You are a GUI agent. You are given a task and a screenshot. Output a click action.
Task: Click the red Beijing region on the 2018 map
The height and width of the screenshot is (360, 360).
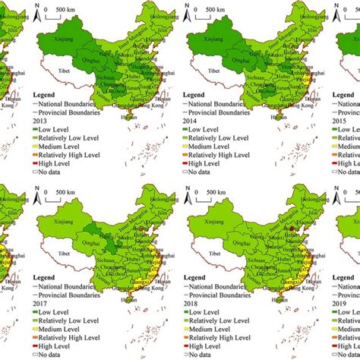[289, 226]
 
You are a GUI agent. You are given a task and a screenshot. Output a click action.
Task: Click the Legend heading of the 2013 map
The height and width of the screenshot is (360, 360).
[49, 96]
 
